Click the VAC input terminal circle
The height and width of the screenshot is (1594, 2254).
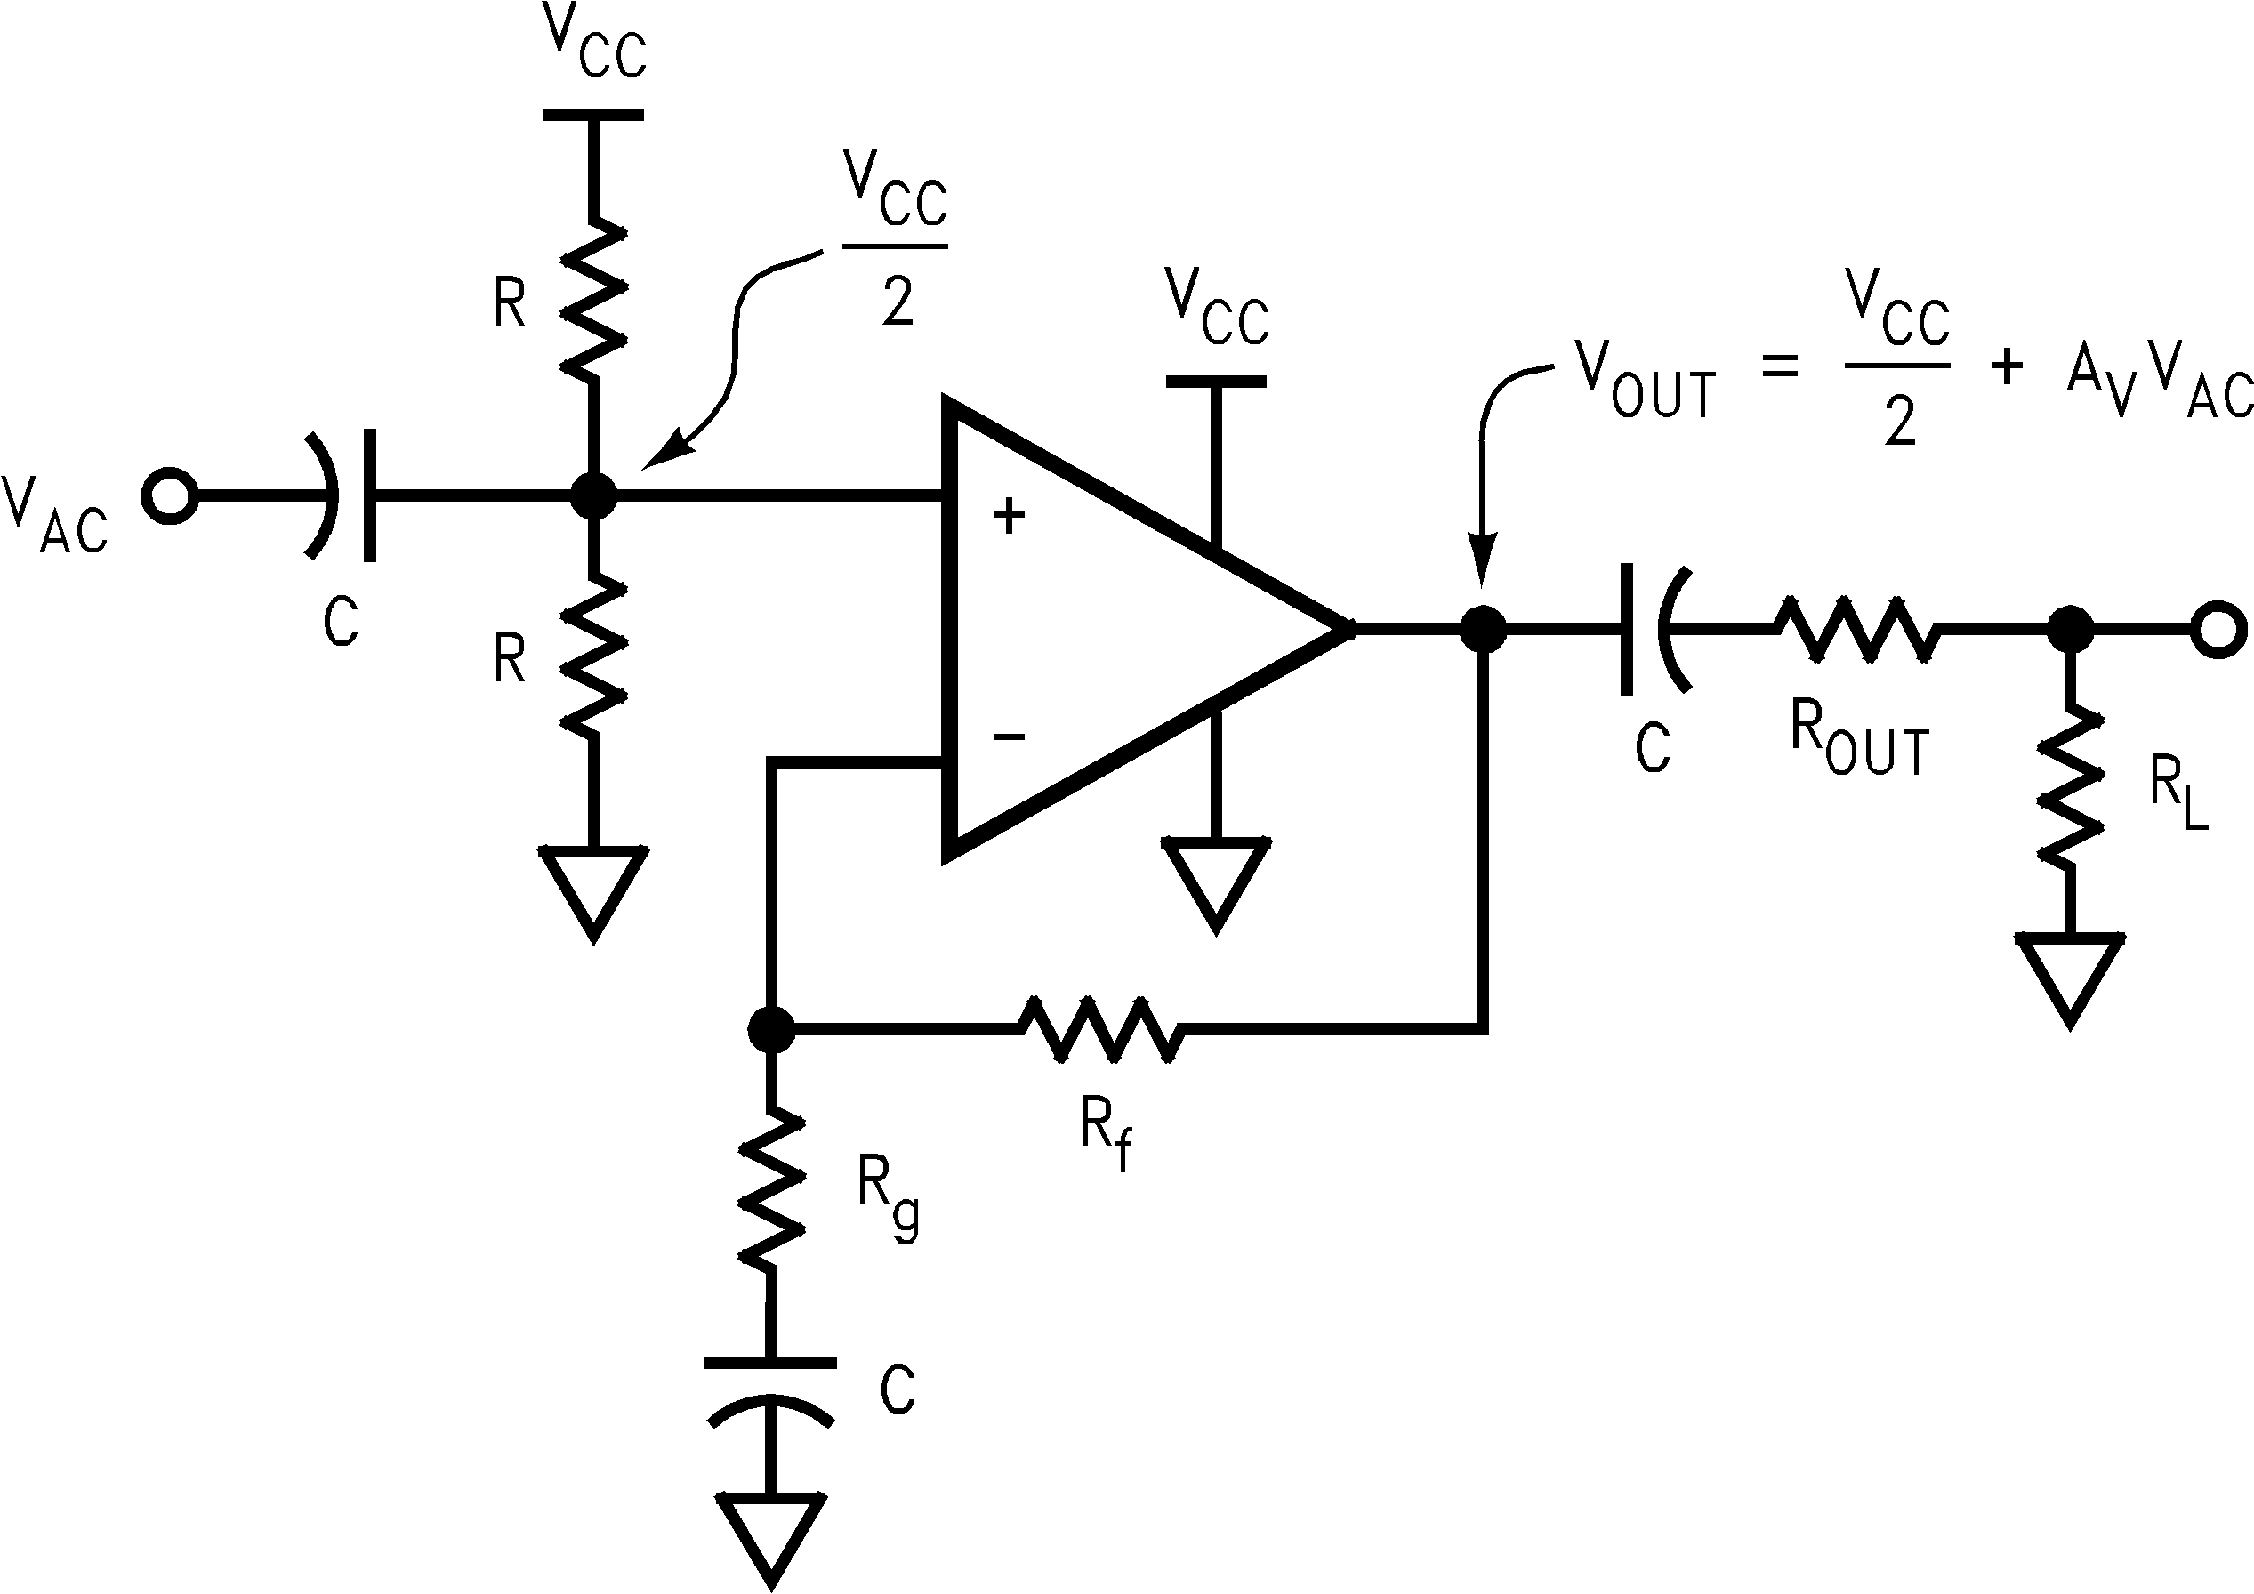coord(170,495)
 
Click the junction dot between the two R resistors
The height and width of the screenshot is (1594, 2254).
coord(593,495)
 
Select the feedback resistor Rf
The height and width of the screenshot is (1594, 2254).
coord(1099,1028)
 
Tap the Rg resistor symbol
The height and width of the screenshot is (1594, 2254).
coord(771,1189)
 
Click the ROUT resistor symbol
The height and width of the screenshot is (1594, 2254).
coord(1856,628)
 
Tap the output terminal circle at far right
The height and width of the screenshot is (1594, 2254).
coord(2218,628)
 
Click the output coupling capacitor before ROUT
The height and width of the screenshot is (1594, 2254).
coord(1655,628)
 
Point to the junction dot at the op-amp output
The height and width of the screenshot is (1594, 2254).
coord(1483,628)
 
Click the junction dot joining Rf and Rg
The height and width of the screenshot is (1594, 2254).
coord(771,1028)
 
